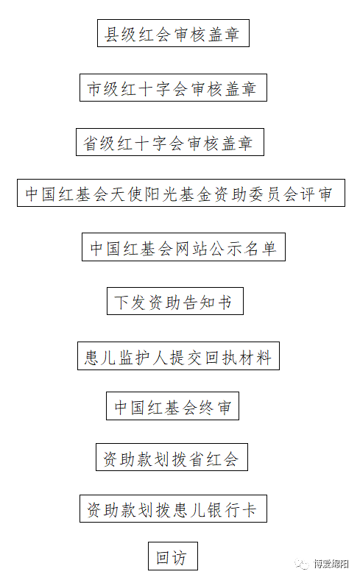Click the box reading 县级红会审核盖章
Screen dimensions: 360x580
tap(173, 33)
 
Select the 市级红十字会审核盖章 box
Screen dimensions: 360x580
tap(173, 88)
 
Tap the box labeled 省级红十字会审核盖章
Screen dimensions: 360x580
tap(170, 142)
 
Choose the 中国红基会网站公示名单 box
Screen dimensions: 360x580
tap(183, 247)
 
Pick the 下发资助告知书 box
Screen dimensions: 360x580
tap(175, 301)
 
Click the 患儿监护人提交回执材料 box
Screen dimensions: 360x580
tap(178, 356)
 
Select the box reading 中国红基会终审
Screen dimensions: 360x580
tap(172, 406)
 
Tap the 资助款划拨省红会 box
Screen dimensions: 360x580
tap(172, 457)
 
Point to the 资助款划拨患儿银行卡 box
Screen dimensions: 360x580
tap(173, 509)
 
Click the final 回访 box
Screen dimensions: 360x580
tap(173, 556)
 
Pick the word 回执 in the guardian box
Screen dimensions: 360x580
tap(222, 356)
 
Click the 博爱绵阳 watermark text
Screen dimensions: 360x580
tap(331, 564)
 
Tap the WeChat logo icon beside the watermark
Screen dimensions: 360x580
tap(302, 564)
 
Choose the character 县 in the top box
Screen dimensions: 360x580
tap(111, 34)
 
